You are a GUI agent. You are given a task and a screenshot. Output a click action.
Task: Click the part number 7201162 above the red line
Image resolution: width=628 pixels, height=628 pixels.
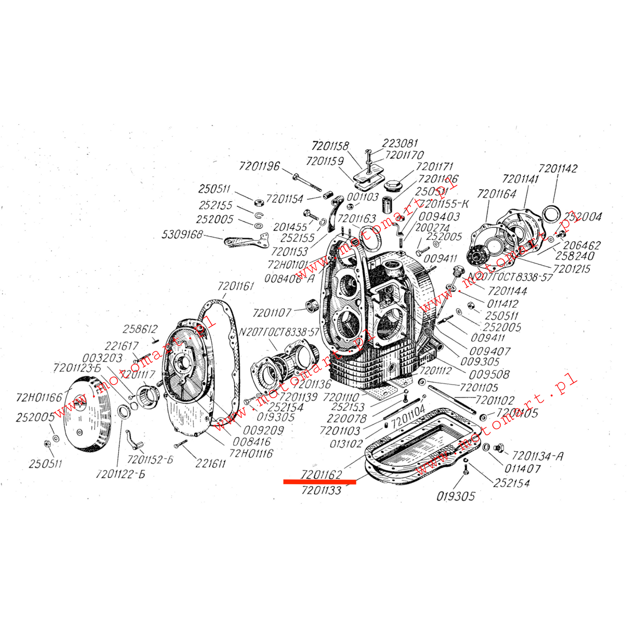[321, 474]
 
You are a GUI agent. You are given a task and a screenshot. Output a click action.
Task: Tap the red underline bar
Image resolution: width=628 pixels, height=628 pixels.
[319, 482]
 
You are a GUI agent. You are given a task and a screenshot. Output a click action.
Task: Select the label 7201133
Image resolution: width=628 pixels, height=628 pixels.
[321, 490]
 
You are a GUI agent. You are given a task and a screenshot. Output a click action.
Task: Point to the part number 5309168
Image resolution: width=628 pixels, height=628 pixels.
[182, 235]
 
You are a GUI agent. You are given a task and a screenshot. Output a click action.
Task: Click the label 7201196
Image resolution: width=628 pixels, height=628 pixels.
[259, 166]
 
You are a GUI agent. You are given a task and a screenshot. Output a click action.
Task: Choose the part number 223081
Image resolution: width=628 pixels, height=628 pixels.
[400, 143]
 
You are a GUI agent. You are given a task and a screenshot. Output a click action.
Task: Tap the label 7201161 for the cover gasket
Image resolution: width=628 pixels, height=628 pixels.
[236, 286]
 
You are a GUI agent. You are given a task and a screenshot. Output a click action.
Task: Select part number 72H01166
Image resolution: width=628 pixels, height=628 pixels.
[39, 397]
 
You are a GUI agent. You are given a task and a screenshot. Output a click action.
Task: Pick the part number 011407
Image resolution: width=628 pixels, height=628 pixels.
[522, 469]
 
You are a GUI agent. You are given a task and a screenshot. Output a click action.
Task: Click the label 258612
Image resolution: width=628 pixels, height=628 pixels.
[140, 329]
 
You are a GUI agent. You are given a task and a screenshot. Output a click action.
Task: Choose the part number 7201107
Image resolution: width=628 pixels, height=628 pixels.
[272, 313]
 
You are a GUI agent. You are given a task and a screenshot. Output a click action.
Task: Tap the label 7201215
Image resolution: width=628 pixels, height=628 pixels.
[572, 269]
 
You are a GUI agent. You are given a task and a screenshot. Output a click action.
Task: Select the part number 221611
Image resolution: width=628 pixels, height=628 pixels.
[210, 464]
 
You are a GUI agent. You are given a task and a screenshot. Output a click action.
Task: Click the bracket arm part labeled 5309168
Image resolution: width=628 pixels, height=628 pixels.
[246, 241]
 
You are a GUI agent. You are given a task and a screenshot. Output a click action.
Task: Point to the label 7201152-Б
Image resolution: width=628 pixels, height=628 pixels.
[150, 459]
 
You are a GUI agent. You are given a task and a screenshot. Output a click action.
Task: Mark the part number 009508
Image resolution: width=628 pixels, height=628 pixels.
[489, 374]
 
